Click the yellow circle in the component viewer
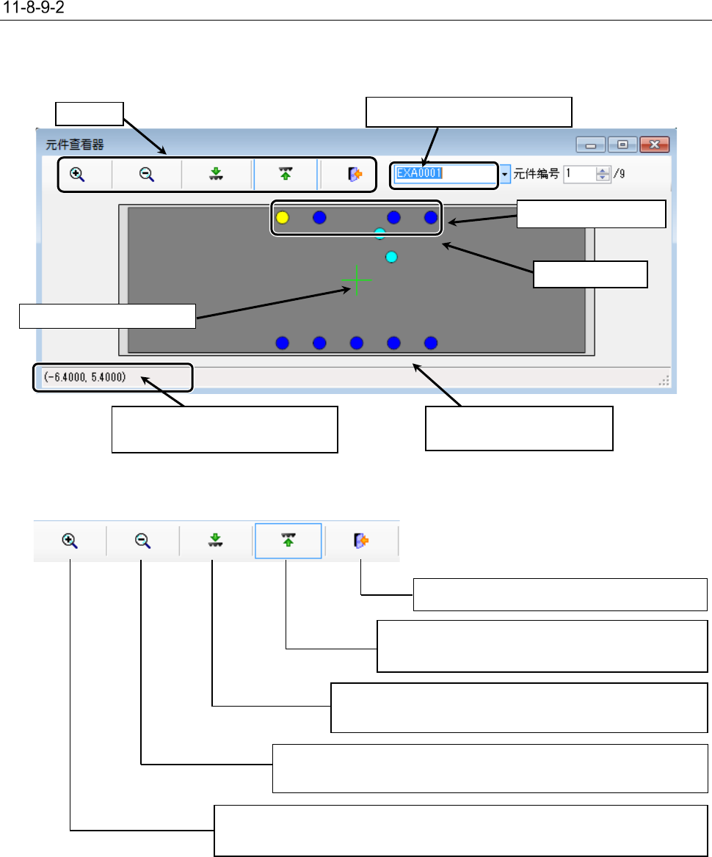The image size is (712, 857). tap(283, 217)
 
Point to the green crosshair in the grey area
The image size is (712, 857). tap(357, 280)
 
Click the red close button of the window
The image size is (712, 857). tap(653, 145)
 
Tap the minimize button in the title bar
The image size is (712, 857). tap(589, 145)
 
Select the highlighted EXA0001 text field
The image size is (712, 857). tap(444, 174)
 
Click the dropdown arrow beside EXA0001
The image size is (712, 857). tap(505, 175)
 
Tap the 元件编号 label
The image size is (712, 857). tap(537, 174)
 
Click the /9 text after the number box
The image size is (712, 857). tap(620, 174)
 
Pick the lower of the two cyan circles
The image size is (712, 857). tap(391, 257)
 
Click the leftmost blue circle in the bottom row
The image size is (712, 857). tap(283, 343)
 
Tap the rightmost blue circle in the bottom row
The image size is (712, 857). tap(431, 343)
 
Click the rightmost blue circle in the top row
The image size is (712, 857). tap(431, 217)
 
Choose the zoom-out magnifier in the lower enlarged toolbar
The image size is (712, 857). tap(142, 541)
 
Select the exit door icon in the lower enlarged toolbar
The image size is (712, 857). tap(360, 541)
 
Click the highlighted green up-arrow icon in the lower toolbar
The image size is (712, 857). tap(288, 541)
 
